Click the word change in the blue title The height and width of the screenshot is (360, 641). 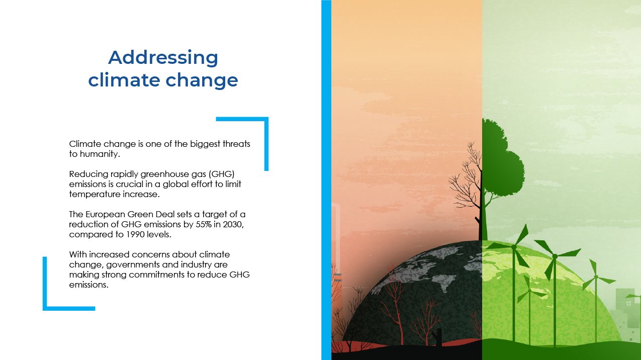click(x=202, y=81)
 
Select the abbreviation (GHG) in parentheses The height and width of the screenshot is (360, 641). click(x=222, y=174)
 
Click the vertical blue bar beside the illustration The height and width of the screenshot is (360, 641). click(x=326, y=180)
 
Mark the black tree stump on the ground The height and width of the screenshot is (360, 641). click(x=438, y=337)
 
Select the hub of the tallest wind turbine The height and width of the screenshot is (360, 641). click(x=555, y=256)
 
